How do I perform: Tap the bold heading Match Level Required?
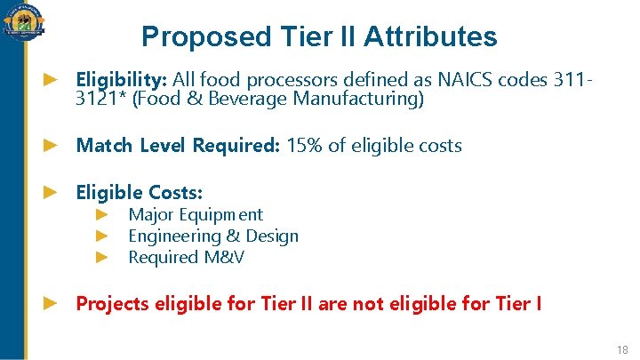point(178,146)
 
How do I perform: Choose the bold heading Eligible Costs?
point(140,192)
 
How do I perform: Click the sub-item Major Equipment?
point(196,214)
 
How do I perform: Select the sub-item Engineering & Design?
point(213,236)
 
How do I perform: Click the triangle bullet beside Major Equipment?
point(102,214)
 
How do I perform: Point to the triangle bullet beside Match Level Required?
point(51,146)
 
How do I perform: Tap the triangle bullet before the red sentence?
point(51,304)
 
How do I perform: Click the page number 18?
point(620,348)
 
